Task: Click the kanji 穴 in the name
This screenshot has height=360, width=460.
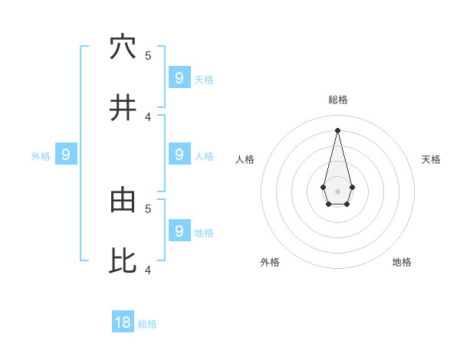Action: tap(123, 47)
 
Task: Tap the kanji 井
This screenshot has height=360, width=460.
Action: tap(123, 108)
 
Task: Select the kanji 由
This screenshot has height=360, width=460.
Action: tap(123, 200)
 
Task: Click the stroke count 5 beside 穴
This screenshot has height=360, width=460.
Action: tap(148, 55)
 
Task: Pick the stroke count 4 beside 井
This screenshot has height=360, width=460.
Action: tap(148, 116)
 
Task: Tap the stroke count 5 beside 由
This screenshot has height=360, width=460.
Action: tap(148, 208)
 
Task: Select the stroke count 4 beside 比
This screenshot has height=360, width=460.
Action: tap(148, 270)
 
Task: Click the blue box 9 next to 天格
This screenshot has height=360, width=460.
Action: tap(179, 77)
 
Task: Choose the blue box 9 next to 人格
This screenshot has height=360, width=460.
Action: tap(179, 154)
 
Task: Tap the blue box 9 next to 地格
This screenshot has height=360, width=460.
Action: tap(179, 231)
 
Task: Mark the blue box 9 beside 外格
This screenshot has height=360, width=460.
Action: tap(66, 155)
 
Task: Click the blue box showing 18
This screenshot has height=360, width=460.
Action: tap(123, 322)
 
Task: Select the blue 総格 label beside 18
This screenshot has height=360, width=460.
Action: tap(148, 324)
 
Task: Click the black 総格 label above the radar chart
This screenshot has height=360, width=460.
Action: tap(338, 100)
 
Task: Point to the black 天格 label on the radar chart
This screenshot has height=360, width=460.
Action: tap(431, 159)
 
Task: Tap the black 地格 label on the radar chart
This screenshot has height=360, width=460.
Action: tap(402, 262)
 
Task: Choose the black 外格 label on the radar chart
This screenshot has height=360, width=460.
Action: tap(270, 262)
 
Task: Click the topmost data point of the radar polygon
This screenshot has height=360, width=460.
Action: tap(337, 129)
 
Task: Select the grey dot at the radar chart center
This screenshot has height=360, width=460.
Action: tap(337, 191)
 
